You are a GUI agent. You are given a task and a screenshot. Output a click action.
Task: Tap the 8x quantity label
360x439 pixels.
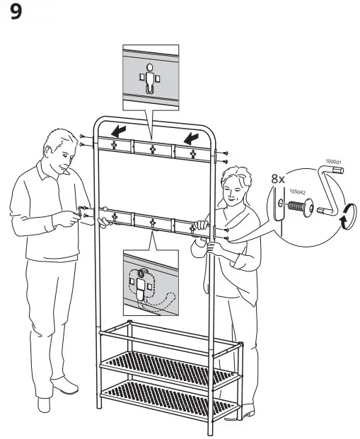pos(278,180)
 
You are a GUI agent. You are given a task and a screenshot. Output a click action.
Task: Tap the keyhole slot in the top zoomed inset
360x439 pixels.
pos(149,78)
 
